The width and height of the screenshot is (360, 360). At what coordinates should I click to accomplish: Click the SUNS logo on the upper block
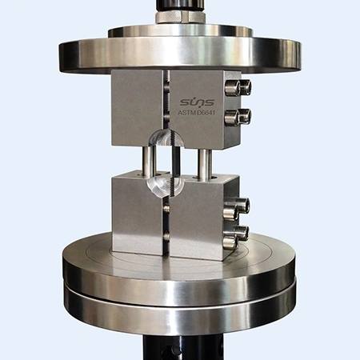[x=197, y=102]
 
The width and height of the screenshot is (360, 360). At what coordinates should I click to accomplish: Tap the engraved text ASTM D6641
[x=196, y=113]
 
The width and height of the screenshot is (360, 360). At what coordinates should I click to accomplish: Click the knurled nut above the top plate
[x=180, y=17]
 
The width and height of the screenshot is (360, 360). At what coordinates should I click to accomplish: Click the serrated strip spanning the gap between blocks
[x=175, y=165]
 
